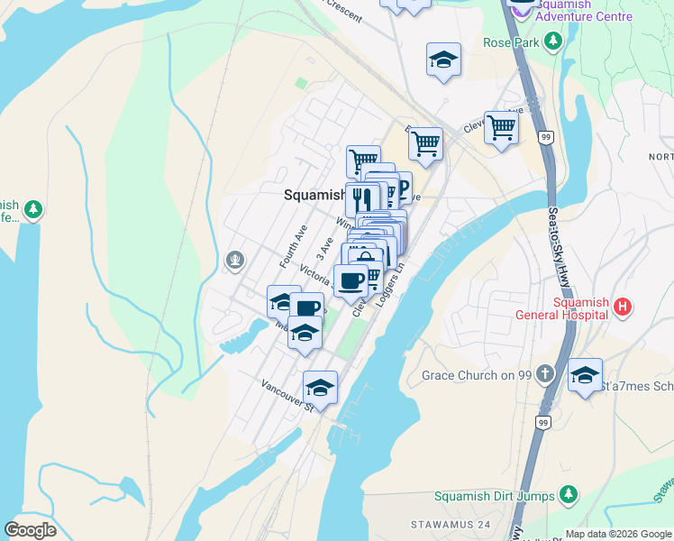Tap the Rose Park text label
point(509,42)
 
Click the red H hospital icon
point(621,307)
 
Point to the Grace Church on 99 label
point(478,374)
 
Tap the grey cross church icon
point(544,373)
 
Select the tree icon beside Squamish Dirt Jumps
point(568,494)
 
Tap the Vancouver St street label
point(286,395)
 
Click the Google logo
point(30,530)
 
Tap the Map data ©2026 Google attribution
point(617,534)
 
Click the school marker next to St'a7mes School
point(585,375)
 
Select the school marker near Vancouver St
point(320,389)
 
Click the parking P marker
point(400,188)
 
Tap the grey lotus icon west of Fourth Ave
point(235,261)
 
